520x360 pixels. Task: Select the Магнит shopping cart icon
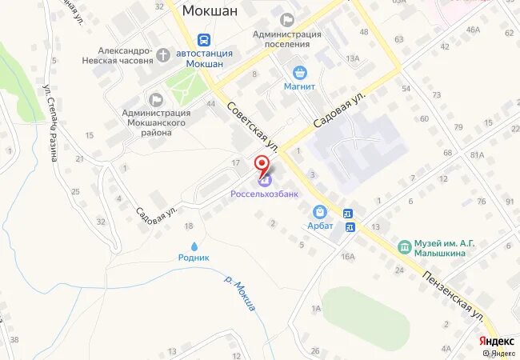[x=300, y=71]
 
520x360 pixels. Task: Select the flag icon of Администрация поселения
[x=286, y=19]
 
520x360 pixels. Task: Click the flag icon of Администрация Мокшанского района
[x=155, y=98]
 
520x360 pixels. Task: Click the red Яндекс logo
[x=496, y=339]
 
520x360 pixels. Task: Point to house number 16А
[x=347, y=256]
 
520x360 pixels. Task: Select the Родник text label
[x=194, y=258]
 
